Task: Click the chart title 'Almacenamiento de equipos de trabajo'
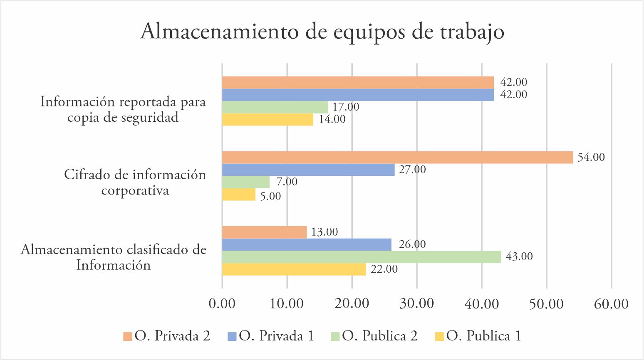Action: (x=322, y=32)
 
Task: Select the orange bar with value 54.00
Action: (x=397, y=158)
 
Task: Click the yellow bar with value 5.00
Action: (x=239, y=195)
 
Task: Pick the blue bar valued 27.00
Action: (x=308, y=170)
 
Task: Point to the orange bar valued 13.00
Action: (x=264, y=232)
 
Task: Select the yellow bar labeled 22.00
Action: (x=294, y=269)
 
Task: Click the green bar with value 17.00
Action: (x=275, y=107)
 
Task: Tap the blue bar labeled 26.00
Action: (x=307, y=245)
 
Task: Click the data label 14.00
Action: (x=332, y=119)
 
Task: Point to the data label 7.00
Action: (x=287, y=182)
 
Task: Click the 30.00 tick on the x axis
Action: (x=417, y=303)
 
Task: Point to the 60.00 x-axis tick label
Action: (x=611, y=303)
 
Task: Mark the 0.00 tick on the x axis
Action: (x=222, y=303)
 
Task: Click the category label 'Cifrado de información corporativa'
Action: (x=135, y=182)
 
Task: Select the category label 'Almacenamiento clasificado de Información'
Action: (x=114, y=257)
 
